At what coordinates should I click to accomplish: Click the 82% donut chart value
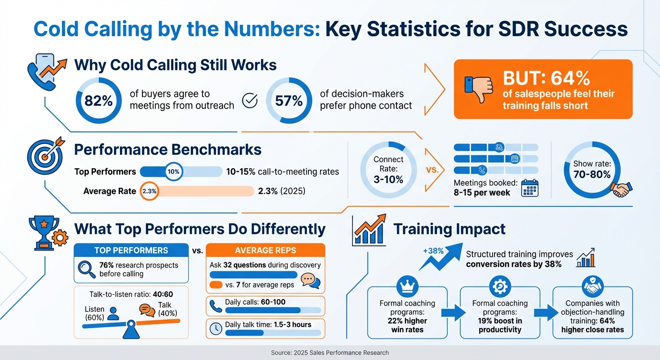(98, 101)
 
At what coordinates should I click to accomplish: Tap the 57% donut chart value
(289, 101)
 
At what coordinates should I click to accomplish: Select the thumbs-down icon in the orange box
(479, 89)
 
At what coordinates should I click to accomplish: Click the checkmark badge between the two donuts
(250, 100)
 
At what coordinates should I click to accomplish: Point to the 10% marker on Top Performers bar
(173, 172)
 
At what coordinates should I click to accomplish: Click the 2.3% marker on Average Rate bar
(149, 191)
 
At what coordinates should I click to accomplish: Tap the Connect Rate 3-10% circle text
(388, 170)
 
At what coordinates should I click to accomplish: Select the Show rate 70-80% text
(592, 170)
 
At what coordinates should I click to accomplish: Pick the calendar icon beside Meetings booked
(530, 187)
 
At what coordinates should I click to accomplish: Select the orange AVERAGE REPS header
(265, 250)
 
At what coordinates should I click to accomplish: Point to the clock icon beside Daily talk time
(216, 329)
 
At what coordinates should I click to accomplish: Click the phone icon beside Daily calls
(216, 306)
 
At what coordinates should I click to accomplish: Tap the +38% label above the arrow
(433, 250)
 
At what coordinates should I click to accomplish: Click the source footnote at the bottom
(330, 352)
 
